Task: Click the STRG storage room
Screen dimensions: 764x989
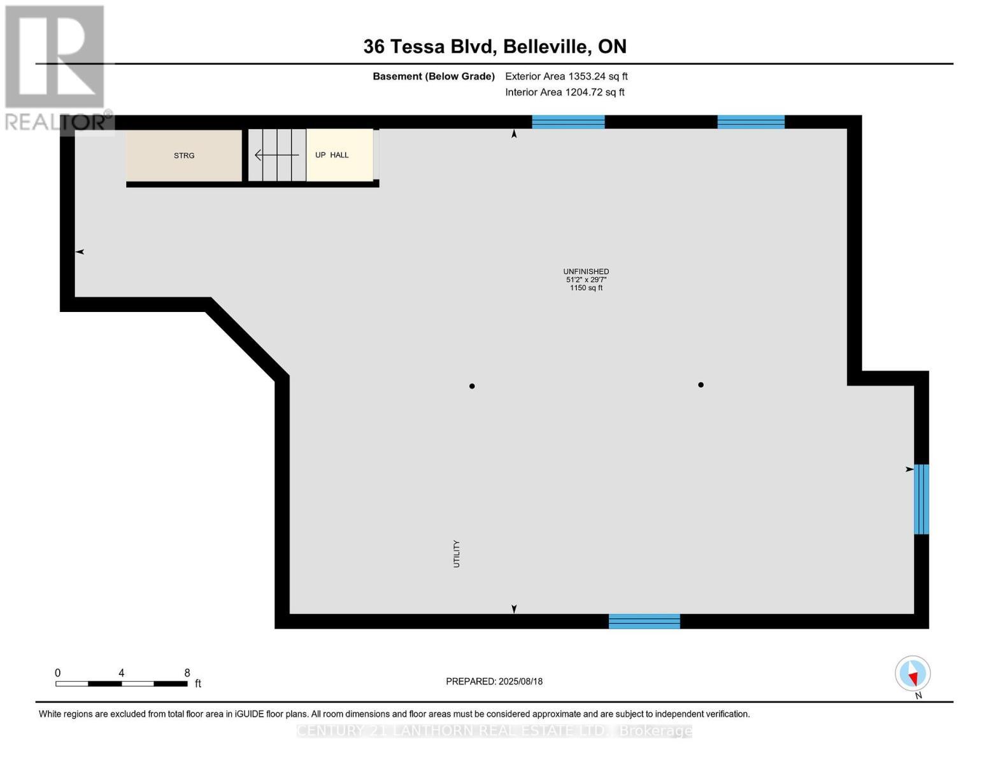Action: click(183, 155)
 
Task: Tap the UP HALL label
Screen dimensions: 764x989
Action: click(332, 155)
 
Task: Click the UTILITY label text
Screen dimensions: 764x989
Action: click(456, 554)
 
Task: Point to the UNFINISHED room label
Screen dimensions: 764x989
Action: click(586, 271)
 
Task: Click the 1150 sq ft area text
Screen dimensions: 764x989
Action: click(586, 288)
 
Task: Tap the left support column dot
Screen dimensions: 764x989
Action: click(472, 386)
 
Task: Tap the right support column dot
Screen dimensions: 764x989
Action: click(701, 385)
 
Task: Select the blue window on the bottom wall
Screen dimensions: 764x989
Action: click(644, 621)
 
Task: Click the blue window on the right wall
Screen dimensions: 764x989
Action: click(921, 499)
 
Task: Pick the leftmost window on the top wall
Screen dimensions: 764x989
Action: click(568, 122)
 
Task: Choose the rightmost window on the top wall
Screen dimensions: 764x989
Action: click(751, 122)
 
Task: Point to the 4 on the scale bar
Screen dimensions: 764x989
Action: click(121, 673)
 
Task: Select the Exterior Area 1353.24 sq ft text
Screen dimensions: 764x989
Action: click(566, 76)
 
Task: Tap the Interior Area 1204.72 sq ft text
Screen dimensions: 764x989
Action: click(564, 92)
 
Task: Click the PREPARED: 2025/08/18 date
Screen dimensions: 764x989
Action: click(494, 681)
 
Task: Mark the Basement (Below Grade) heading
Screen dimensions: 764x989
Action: click(434, 76)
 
